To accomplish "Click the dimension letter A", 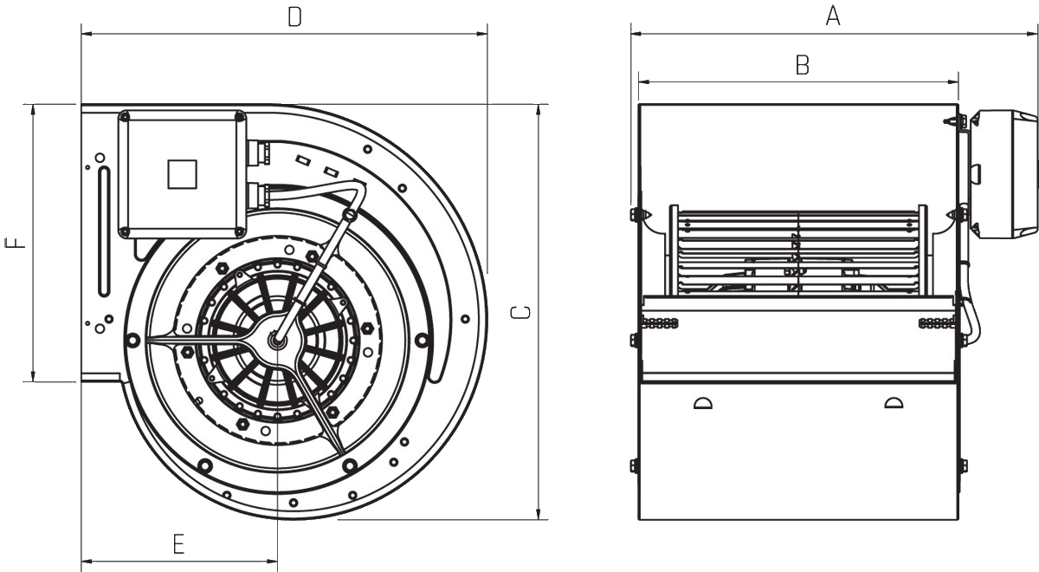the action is click(833, 16).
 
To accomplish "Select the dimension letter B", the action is click(803, 65).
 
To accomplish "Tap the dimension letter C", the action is click(520, 313).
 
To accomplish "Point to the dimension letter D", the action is click(295, 16).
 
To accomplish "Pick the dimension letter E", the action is click(178, 544).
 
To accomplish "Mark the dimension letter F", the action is click(15, 243).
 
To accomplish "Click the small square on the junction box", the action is click(183, 174).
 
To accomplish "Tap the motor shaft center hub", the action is click(277, 341).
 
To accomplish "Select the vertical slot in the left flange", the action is click(105, 231).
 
